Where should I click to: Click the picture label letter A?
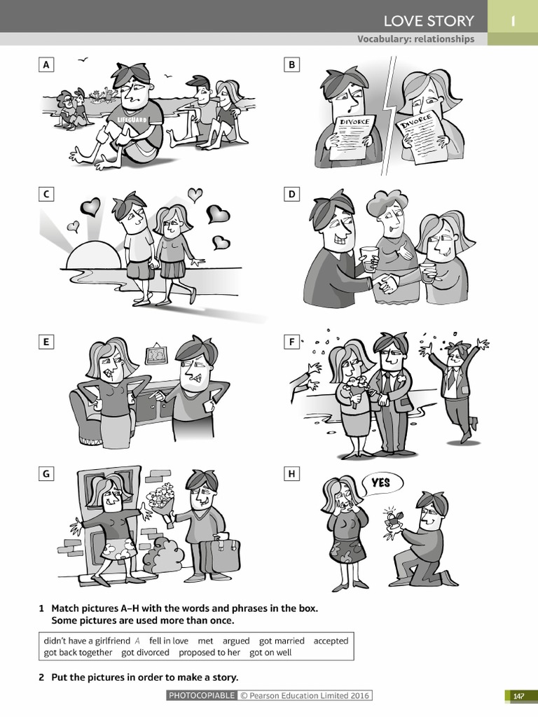pos(46,65)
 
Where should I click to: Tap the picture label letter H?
pos(291,474)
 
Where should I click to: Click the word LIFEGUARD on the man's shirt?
pos(132,120)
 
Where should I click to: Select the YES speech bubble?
pos(382,484)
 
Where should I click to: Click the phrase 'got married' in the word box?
pos(282,641)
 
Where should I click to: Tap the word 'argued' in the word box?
pos(236,641)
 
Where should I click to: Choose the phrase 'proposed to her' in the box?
pos(209,653)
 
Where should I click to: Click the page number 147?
pos(518,696)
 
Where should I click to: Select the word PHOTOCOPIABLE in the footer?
pos(202,695)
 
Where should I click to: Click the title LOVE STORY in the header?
pos(429,21)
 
